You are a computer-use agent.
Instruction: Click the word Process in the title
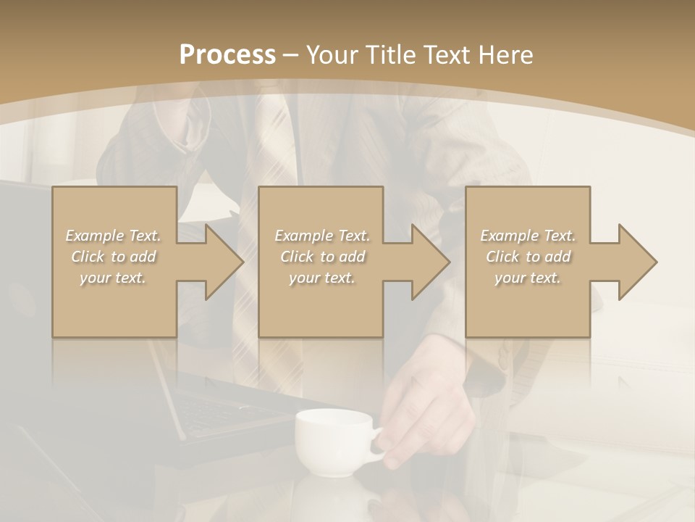click(x=227, y=55)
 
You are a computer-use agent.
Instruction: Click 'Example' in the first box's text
click(x=94, y=236)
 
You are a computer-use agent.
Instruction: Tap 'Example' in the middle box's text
click(x=303, y=236)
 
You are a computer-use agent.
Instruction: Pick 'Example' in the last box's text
click(x=509, y=236)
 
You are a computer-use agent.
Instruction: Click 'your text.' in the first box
click(x=113, y=278)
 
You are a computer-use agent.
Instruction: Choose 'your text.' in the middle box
click(x=321, y=278)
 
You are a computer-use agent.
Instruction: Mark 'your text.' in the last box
click(x=527, y=278)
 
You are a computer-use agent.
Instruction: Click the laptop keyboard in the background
click(x=217, y=413)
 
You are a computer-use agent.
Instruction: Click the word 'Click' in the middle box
click(x=295, y=257)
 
